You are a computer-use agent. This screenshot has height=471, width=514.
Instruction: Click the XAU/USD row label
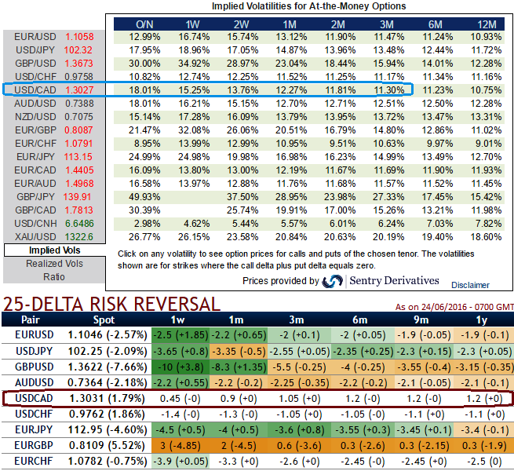tap(32, 236)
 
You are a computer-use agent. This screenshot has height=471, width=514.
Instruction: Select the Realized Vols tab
tap(54, 264)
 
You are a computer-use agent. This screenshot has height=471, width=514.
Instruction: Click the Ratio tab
tap(54, 276)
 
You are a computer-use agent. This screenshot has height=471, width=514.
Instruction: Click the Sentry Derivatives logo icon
tap(333, 281)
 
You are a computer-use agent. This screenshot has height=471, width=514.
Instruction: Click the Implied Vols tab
tap(54, 250)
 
